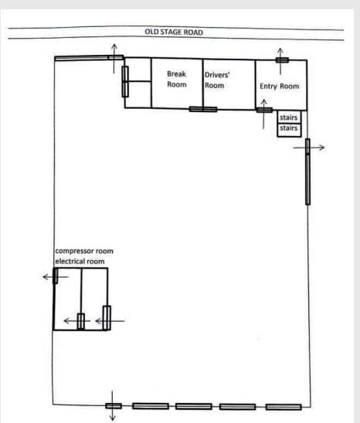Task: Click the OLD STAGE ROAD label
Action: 174,32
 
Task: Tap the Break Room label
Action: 177,80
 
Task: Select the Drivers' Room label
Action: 217,80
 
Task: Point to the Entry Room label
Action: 279,87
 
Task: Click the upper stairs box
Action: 288,118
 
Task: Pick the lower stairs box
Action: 288,128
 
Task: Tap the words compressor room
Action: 84,251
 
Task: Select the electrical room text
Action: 80,261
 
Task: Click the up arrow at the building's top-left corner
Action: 114,48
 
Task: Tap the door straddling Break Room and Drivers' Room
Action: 203,109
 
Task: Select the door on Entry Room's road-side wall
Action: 282,60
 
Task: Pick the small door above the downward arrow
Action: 113,405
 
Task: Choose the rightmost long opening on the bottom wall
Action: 284,407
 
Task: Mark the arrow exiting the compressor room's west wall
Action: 48,276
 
